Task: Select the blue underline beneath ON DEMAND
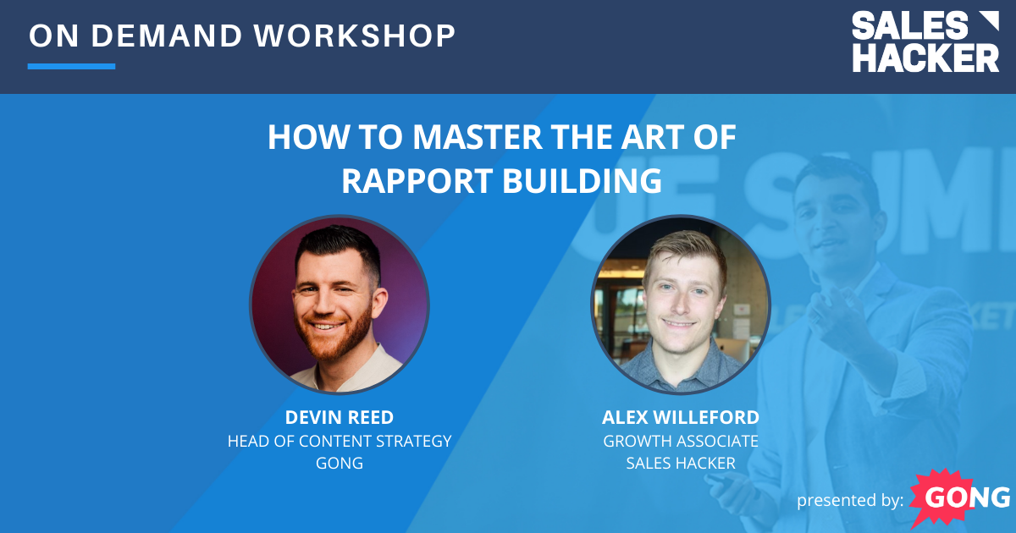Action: coord(71,66)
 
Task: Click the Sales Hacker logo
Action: coord(925,41)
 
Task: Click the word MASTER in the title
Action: coord(439,138)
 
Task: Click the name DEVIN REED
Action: coord(339,418)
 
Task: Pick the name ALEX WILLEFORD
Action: coord(680,418)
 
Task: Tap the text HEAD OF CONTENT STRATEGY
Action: coord(339,441)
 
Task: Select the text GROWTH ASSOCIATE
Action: coord(680,441)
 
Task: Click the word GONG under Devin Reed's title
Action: coord(339,463)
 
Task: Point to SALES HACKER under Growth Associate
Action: coord(680,463)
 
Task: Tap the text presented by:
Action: coord(850,501)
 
